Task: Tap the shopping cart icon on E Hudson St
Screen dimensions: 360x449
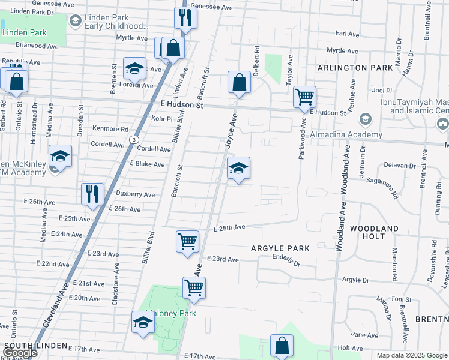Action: tap(305, 96)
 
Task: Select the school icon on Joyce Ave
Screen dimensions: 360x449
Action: tap(238, 169)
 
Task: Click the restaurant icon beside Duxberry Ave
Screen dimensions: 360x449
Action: tap(92, 193)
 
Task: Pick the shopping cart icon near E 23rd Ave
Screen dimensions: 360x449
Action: tap(187, 241)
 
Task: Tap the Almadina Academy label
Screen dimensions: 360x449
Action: tap(345, 135)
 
